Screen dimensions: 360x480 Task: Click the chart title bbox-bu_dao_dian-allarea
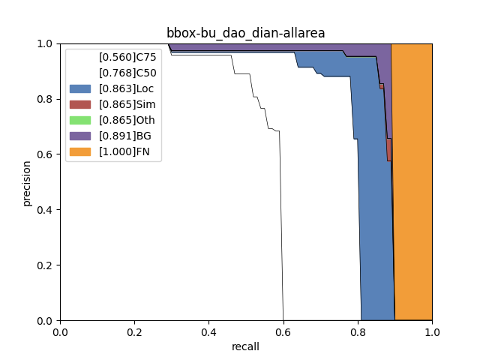point(245,33)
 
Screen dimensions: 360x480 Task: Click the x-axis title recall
point(245,346)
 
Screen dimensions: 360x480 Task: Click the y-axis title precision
point(27,183)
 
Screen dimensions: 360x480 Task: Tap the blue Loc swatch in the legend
point(79,88)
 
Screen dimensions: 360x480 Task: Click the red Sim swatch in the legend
point(79,104)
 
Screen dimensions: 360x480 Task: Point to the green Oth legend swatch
point(79,120)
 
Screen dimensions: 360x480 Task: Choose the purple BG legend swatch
point(79,136)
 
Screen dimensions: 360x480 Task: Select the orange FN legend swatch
point(79,151)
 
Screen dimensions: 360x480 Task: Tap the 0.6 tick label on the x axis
point(283,331)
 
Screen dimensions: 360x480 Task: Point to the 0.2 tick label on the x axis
point(134,331)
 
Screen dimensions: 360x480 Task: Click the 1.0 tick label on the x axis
point(432,331)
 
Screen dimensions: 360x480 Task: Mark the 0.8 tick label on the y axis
point(46,99)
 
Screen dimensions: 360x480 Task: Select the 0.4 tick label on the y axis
point(46,210)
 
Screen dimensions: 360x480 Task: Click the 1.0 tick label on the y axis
point(46,43)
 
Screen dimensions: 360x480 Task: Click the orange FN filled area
point(412,187)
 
